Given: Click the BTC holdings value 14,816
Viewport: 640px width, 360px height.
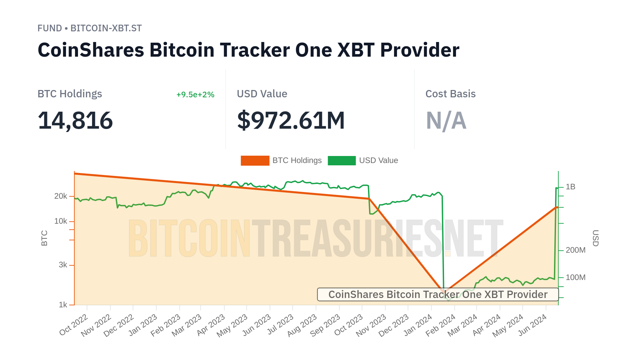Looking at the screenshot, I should point(75,120).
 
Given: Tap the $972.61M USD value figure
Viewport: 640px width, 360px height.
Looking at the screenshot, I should point(291,120).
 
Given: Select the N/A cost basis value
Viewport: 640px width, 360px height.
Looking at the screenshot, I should point(446,120).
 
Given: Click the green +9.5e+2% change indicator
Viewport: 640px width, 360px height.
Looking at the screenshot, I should point(195,95).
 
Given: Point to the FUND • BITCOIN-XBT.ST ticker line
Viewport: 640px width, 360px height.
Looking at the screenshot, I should point(89,28).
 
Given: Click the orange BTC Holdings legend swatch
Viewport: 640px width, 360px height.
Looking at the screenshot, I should point(255,160).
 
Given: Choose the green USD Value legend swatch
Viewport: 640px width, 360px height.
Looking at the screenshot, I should point(341,160).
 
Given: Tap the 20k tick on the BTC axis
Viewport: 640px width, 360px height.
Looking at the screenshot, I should point(61,196).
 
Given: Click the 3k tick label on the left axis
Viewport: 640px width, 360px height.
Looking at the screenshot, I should point(63,265).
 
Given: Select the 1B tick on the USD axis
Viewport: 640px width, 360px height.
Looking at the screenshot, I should point(570,187).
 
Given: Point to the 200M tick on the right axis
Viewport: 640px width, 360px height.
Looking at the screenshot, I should point(575,250).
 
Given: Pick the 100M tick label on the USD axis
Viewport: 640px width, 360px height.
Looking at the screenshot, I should point(575,277).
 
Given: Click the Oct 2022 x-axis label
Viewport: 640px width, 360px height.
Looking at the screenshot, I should point(74,325).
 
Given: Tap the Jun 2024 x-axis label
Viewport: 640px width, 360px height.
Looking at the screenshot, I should point(532,325).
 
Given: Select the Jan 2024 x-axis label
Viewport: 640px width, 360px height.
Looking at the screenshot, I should point(418,325).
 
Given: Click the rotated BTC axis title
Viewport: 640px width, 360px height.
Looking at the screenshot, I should point(44,238).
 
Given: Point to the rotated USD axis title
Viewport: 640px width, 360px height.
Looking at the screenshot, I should point(595,238).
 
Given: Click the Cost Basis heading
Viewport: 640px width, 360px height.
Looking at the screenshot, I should point(450,94).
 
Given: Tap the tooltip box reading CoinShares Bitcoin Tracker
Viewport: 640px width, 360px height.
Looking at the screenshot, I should point(437,295).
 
